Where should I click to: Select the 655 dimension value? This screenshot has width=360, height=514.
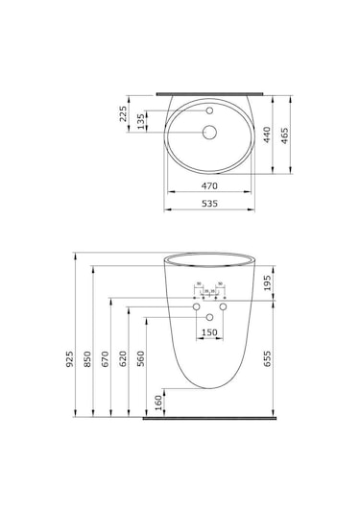(x=268, y=356)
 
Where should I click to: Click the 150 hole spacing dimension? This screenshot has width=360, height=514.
(x=208, y=332)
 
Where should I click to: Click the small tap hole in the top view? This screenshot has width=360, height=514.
(x=209, y=112)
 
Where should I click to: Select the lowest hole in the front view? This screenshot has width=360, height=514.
(x=209, y=316)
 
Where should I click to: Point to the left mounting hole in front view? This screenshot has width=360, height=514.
(x=198, y=306)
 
